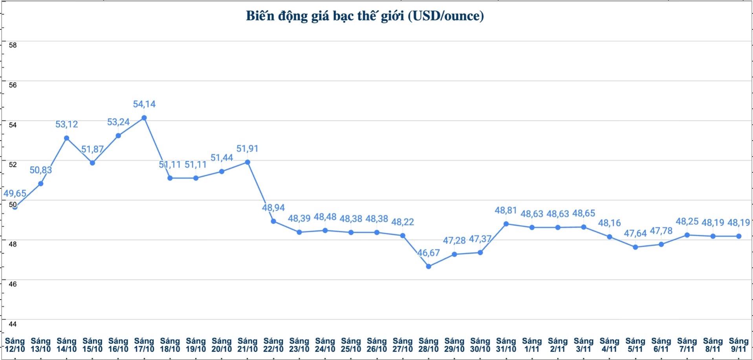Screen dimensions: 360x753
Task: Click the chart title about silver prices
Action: pos(365,16)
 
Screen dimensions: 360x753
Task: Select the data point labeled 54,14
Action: pos(144,118)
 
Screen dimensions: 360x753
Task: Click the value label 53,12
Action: pos(67,124)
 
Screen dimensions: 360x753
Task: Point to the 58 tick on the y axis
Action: pos(13,45)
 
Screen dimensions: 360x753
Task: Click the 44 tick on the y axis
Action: pos(13,324)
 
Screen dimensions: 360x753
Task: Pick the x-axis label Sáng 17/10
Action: pos(144,345)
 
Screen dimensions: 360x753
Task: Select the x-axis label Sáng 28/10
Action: pos(429,345)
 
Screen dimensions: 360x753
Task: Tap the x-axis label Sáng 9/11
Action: pos(738,345)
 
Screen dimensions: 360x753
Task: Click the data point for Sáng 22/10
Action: pos(273,221)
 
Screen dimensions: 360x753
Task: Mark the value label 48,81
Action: pos(506,210)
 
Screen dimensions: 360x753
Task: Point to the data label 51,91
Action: pos(247,149)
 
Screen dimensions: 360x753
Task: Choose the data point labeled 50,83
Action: pos(40,183)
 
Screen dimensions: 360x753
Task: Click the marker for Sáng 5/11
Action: pos(635,247)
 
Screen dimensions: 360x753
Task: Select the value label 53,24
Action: pos(118,122)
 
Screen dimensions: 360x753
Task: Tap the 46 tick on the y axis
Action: pos(13,284)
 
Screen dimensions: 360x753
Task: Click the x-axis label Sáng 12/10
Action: pos(15,345)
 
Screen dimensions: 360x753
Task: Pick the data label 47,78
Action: pos(661,231)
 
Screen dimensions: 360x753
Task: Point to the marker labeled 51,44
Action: pos(222,172)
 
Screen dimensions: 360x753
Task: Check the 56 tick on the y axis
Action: pos(13,85)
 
